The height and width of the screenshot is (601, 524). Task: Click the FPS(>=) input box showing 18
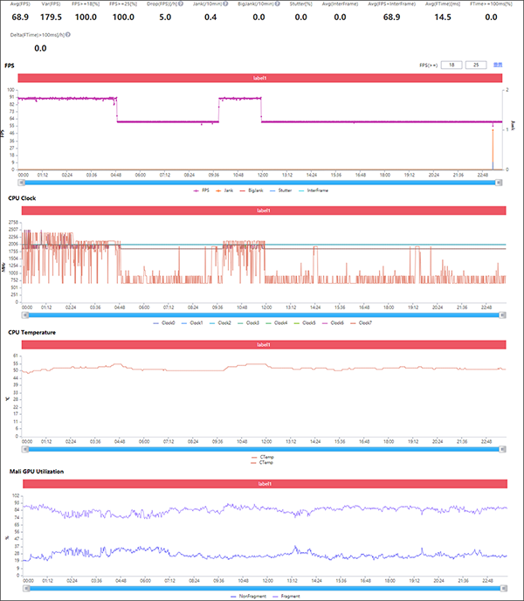(451, 65)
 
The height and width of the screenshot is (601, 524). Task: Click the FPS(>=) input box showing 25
(475, 65)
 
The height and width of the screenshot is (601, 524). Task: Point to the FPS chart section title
(9, 66)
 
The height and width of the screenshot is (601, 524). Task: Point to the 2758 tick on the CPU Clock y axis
(12, 224)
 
